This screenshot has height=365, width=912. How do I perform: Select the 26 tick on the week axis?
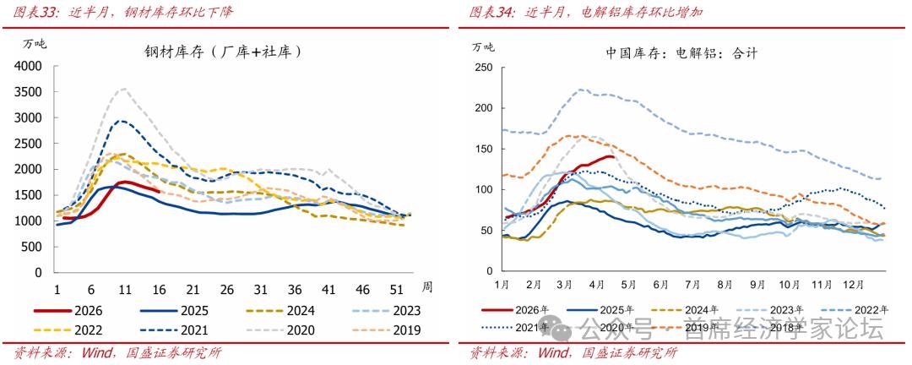click(x=226, y=288)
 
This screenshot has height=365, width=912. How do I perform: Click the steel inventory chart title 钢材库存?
click(x=225, y=52)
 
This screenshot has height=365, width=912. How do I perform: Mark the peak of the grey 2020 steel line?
click(x=124, y=88)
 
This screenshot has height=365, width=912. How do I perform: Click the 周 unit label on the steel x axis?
click(x=427, y=287)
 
